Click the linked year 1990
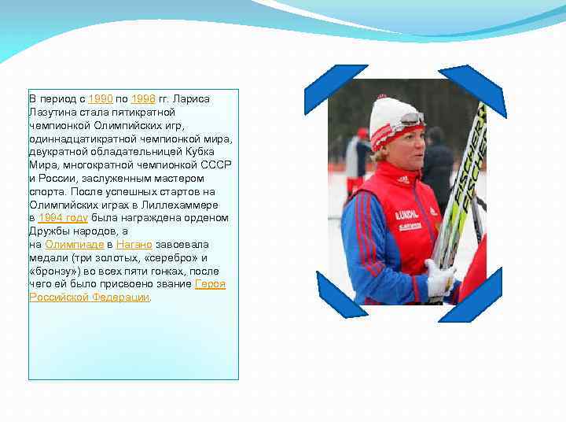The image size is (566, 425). (100, 98)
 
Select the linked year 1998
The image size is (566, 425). (143, 98)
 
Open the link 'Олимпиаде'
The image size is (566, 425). (75, 244)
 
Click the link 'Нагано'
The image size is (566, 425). (134, 244)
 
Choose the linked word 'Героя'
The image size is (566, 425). (210, 283)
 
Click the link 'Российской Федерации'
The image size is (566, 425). (89, 297)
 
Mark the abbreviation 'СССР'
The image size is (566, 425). (217, 164)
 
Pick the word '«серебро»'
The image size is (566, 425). (175, 257)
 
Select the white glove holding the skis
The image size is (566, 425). (439, 278)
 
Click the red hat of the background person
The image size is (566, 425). (362, 133)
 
